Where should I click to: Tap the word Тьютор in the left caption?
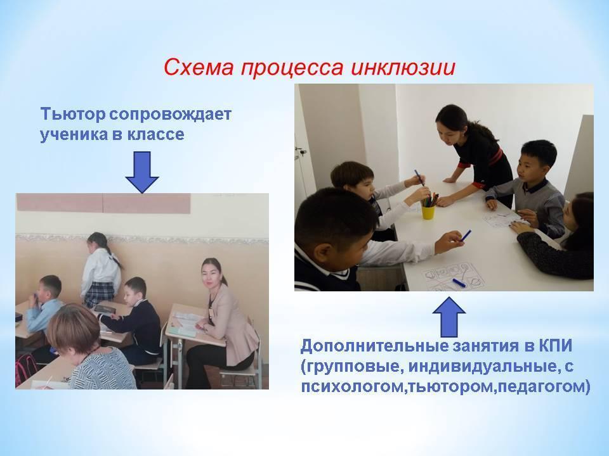coord(72,115)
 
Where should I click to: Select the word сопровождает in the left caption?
coord(170,115)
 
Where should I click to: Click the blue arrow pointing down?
coord(142,172)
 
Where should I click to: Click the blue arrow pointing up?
coord(449,317)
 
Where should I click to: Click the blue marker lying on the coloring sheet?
coord(459,282)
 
